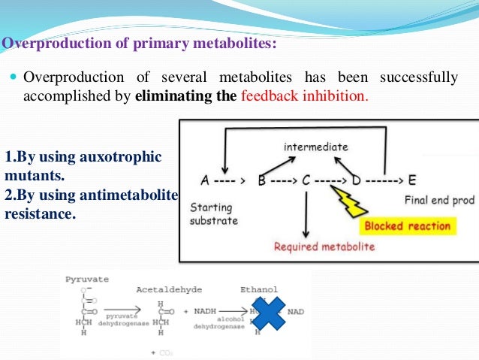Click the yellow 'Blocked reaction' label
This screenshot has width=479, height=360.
pyautogui.click(x=408, y=225)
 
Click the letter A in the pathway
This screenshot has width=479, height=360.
pyautogui.click(x=205, y=180)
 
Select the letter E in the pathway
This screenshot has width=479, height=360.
pyautogui.click(x=411, y=180)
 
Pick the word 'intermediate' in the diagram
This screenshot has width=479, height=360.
pyautogui.click(x=315, y=147)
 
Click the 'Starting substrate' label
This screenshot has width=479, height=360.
pyautogui.click(x=214, y=213)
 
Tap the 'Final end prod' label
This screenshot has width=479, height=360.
pyautogui.click(x=439, y=201)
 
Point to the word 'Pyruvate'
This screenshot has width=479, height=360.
pyautogui.click(x=86, y=279)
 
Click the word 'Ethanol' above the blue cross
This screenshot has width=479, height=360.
pyautogui.click(x=259, y=289)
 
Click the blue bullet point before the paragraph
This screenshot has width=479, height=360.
pyautogui.click(x=14, y=78)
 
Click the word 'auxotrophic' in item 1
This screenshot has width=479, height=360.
pyautogui.click(x=126, y=158)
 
